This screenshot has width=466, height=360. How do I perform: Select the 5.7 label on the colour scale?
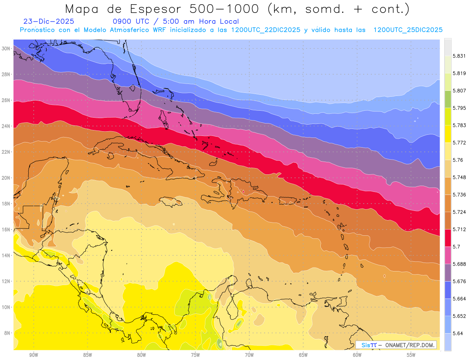tap(457, 247)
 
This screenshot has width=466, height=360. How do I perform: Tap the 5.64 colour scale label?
tap(457, 333)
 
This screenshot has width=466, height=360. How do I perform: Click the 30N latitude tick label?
tap(6, 49)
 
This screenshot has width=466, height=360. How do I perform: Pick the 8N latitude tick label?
tap(7, 333)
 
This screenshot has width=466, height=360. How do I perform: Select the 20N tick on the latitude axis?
tap(6, 178)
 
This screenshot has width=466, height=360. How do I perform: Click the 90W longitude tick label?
tap(33, 355)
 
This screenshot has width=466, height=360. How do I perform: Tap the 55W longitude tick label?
tap(411, 355)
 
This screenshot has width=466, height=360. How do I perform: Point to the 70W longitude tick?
tap(249, 355)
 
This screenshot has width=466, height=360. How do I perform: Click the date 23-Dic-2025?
tap(49, 22)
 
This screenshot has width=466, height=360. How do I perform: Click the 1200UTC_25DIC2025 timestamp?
tap(408, 30)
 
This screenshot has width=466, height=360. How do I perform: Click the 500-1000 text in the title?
tap(225, 9)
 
